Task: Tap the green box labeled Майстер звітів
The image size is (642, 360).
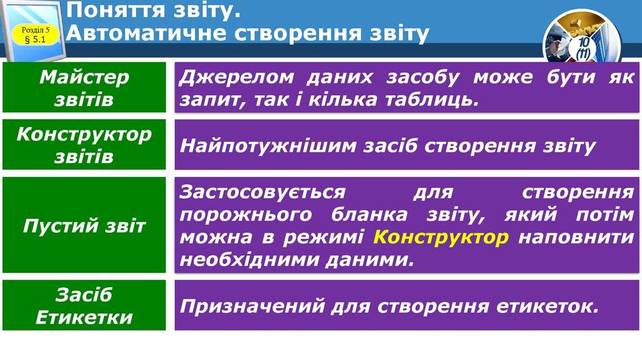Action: (x=84, y=88)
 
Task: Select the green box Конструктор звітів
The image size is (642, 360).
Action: (x=84, y=146)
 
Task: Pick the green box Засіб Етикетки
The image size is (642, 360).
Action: (x=84, y=305)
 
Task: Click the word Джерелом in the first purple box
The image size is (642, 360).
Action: (x=237, y=78)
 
